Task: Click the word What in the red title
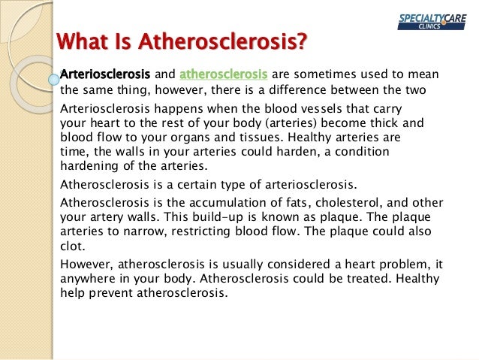[83, 41]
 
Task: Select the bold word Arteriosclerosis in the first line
[105, 74]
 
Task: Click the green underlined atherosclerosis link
[223, 74]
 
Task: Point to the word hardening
[88, 166]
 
